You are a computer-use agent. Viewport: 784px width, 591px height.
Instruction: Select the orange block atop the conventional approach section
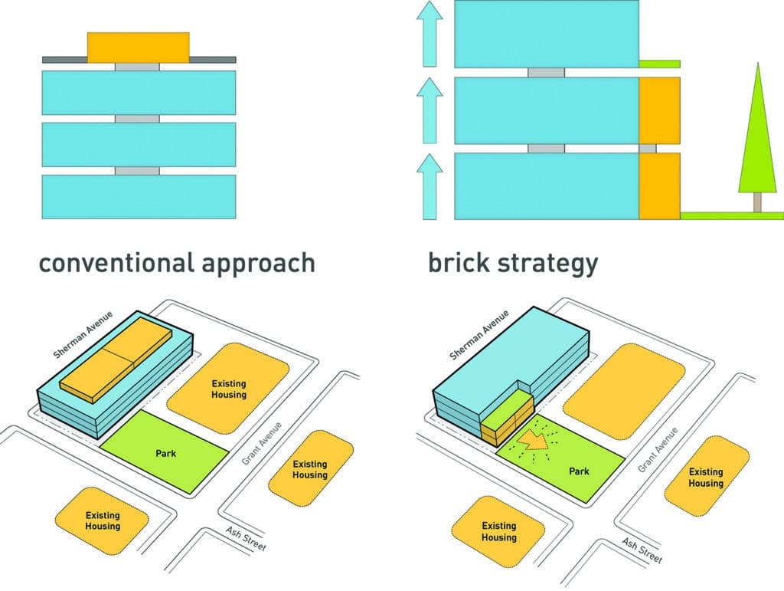(x=138, y=47)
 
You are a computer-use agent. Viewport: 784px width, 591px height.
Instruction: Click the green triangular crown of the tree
(x=756, y=138)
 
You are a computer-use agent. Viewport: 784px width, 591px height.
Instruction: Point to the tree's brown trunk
(x=756, y=202)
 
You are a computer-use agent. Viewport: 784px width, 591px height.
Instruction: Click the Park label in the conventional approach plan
(x=165, y=454)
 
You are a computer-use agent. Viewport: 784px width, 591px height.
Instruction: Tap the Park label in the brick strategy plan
(x=579, y=471)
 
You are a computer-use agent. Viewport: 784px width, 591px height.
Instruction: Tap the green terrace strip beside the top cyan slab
(x=659, y=62)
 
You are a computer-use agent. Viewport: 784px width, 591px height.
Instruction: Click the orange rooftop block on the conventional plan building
(x=115, y=359)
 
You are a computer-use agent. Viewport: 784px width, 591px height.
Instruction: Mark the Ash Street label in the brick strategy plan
(x=642, y=550)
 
